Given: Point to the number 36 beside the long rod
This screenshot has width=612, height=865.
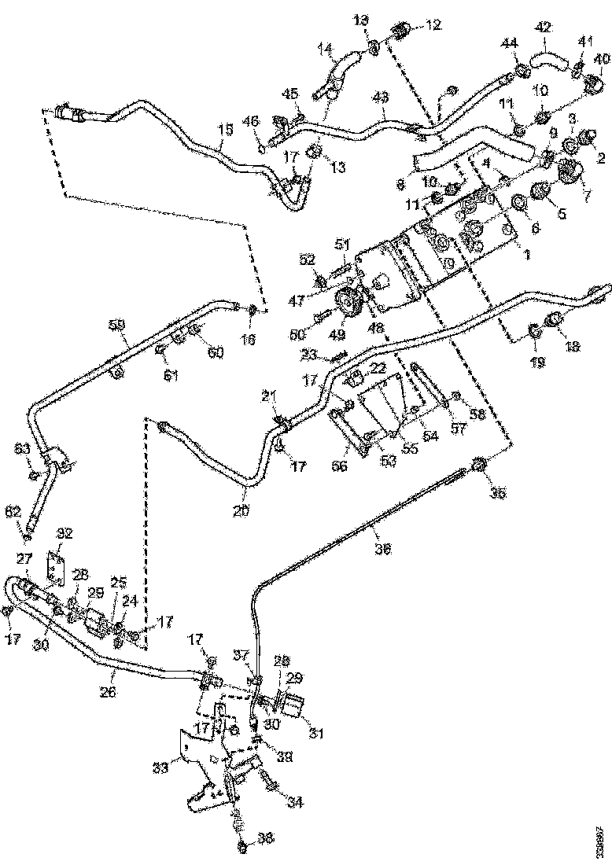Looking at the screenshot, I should (382, 550).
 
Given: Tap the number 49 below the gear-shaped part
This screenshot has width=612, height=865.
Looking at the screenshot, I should (337, 335).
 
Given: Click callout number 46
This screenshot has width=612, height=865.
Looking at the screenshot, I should (249, 122).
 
